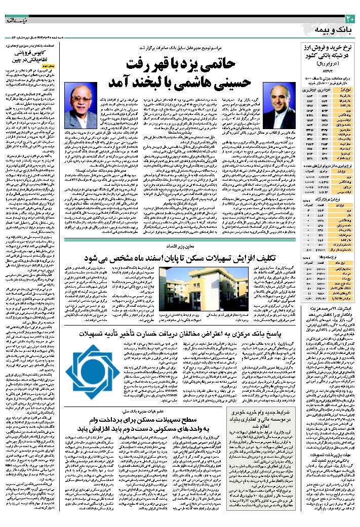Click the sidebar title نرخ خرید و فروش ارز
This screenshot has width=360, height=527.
331,49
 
